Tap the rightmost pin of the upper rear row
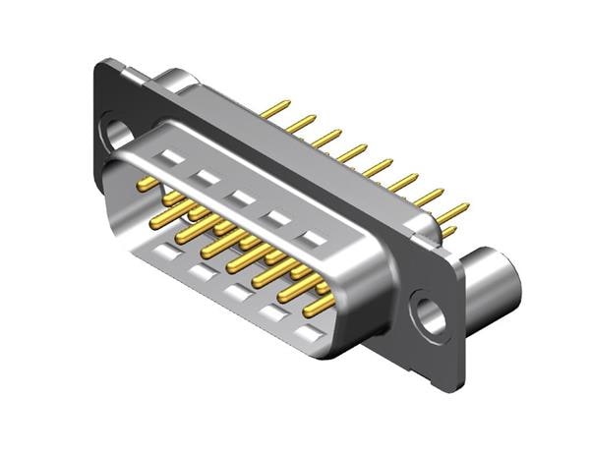coord(453,210)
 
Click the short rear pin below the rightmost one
coord(448,232)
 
